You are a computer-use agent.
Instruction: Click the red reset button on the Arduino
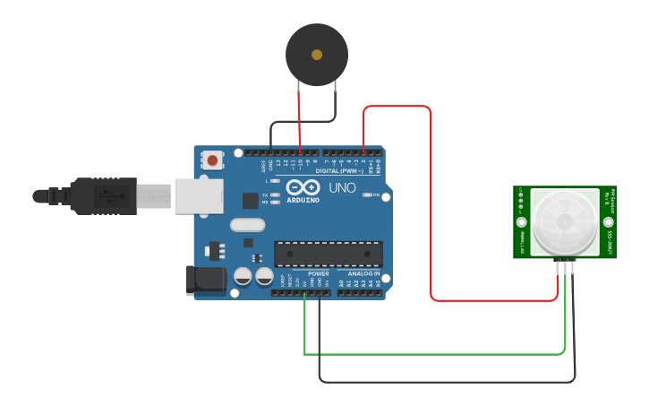tap(212, 160)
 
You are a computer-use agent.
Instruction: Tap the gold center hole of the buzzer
tap(317, 55)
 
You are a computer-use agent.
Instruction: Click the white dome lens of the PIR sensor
tap(564, 220)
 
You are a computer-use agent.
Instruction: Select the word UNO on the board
tap(342, 189)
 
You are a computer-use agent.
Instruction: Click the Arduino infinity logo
tap(303, 188)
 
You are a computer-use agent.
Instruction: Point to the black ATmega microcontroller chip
tap(328, 254)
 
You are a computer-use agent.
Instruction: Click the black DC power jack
tap(205, 281)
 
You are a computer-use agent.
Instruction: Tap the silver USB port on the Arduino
tap(198, 195)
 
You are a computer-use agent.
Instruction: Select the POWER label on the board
tap(319, 273)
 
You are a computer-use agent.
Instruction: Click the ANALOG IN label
tap(363, 273)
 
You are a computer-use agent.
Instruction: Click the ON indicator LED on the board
tap(367, 195)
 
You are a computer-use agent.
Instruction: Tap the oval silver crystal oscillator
tap(248, 225)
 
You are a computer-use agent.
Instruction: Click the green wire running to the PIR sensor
tap(430, 354)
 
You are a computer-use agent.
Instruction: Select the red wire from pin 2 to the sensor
tap(431, 206)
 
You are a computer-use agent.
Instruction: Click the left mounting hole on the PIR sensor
tap(520, 221)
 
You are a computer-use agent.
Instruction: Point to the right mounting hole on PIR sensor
tap(608, 221)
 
